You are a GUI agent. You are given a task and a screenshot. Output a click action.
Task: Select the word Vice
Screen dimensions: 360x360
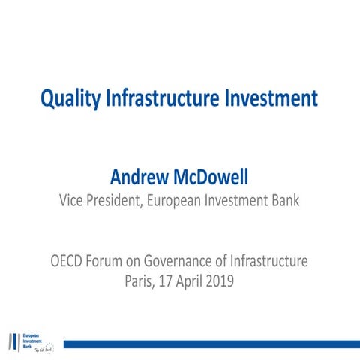tap(72, 200)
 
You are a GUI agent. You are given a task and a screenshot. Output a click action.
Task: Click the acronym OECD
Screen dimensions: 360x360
tap(69, 262)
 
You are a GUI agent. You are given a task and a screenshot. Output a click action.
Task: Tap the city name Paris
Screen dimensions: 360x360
tap(141, 283)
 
